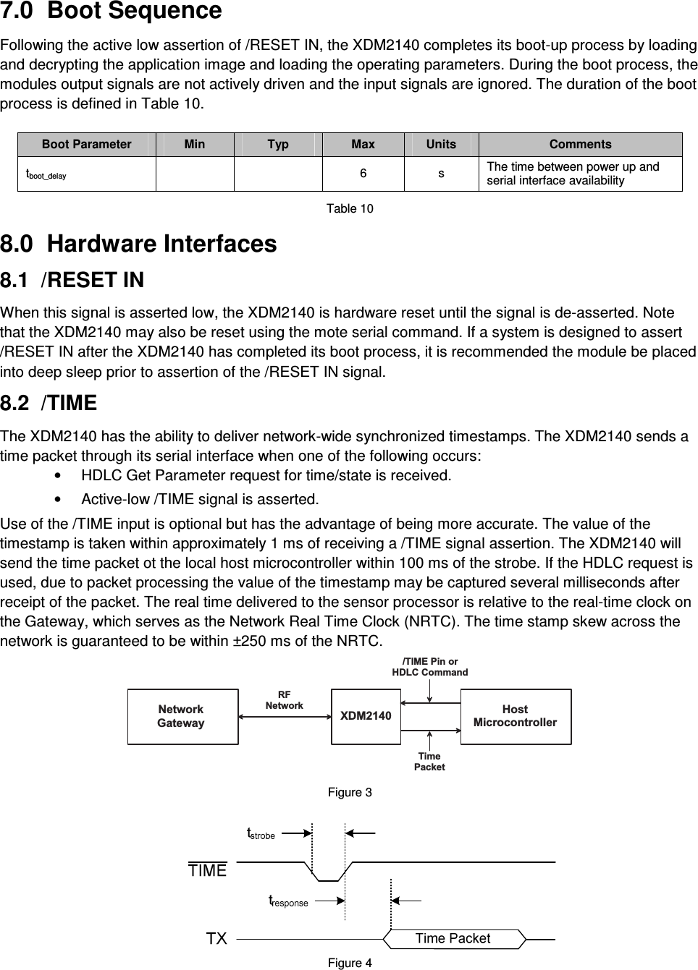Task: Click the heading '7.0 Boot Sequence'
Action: (112, 12)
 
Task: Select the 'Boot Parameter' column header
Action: (87, 144)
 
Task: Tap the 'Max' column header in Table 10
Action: (363, 144)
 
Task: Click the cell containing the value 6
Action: (363, 174)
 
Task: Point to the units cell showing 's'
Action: (441, 174)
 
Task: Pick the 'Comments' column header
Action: (580, 144)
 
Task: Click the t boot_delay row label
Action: (46, 174)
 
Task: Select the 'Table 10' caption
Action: (350, 209)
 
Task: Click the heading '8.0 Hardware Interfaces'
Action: (138, 244)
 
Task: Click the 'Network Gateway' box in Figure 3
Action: (182, 716)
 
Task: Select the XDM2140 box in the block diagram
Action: (366, 716)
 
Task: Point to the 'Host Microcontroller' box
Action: (516, 716)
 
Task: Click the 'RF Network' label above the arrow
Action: (284, 699)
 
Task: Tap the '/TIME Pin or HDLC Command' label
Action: (429, 667)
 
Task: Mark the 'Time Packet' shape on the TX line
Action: (453, 939)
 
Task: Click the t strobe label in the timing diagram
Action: (261, 834)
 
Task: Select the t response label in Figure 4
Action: (288, 901)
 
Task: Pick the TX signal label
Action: (216, 939)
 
